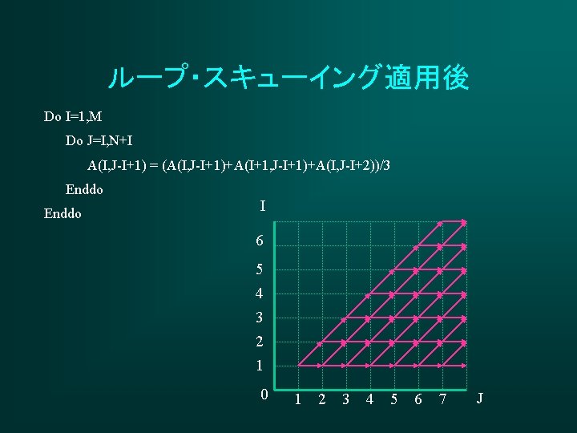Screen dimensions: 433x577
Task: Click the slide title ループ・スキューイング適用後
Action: click(x=288, y=79)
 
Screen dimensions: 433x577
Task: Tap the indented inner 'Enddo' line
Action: click(x=84, y=190)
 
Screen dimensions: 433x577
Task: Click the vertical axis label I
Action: click(x=263, y=207)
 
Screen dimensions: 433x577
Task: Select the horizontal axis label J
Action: click(x=479, y=397)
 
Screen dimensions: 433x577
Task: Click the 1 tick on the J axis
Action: click(x=297, y=399)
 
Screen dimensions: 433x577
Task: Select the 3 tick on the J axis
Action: click(x=345, y=399)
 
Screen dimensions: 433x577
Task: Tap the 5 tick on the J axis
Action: click(x=393, y=399)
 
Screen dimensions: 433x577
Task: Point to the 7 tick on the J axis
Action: click(x=442, y=399)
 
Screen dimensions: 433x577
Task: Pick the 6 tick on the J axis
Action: click(x=418, y=399)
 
